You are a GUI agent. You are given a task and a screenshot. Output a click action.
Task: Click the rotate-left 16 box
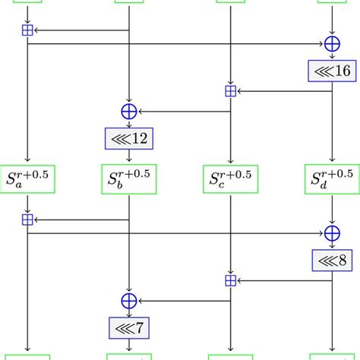(332, 71)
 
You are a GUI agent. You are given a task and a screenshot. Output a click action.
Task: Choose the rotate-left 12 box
(128, 138)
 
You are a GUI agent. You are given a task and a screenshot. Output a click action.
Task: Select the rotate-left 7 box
(128, 327)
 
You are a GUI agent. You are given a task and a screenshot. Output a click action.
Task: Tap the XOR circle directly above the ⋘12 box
(128, 112)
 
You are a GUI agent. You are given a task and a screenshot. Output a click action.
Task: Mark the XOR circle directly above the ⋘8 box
(332, 234)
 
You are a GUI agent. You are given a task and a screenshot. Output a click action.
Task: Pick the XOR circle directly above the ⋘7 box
(128, 302)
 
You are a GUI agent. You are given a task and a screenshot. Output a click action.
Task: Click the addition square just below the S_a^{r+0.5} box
(27, 219)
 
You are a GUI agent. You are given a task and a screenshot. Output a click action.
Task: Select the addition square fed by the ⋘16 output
(230, 91)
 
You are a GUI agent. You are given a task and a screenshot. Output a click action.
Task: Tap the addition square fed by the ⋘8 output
(230, 280)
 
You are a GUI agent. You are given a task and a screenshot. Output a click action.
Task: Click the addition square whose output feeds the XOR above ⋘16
(27, 30)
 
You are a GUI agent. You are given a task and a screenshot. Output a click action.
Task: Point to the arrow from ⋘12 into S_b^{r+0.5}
(128, 155)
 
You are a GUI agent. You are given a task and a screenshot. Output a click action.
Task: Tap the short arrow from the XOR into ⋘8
(332, 246)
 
